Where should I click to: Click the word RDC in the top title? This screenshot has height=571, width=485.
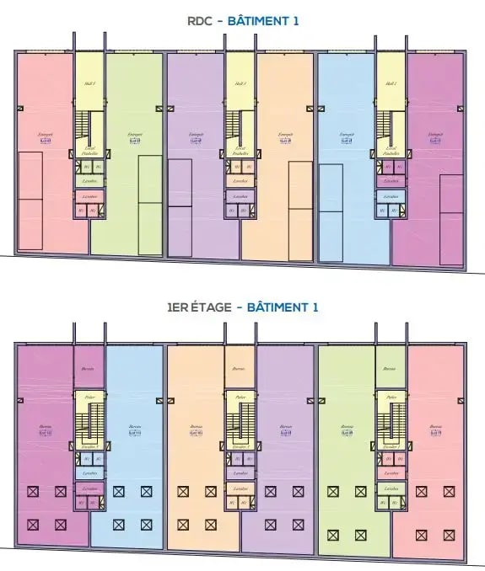[196, 22]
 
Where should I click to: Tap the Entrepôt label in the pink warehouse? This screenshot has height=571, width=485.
[46, 134]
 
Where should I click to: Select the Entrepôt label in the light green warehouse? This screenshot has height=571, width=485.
[134, 134]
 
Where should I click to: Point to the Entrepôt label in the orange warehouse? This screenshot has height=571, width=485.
[285, 134]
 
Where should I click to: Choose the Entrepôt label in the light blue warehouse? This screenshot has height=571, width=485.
[345, 134]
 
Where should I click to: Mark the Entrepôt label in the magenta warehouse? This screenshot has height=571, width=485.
[435, 134]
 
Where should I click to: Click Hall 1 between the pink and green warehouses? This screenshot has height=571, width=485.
[89, 83]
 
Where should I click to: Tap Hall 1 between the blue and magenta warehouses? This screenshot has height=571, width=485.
[390, 83]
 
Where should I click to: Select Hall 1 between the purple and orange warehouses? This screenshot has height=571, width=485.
[240, 83]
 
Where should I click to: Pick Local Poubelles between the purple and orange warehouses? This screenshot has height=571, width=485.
[240, 151]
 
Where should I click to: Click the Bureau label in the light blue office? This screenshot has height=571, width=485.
[134, 427]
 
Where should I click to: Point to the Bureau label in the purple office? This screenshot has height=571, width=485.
[285, 427]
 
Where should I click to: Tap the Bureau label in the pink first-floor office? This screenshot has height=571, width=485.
[435, 427]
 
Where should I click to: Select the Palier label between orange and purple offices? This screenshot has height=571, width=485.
[240, 398]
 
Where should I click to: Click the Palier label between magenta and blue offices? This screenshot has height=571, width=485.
[89, 398]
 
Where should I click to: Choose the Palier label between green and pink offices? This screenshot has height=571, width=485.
[390, 398]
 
